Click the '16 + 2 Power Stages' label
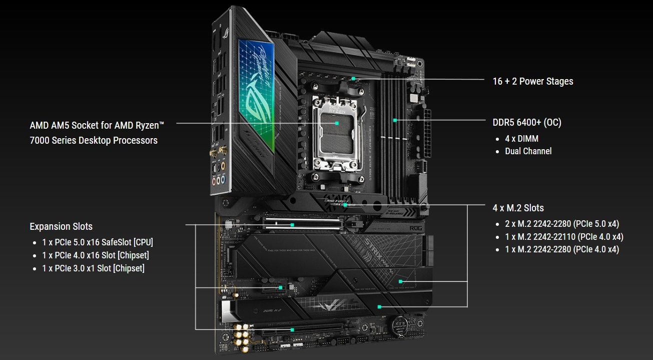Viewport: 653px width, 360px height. [532, 81]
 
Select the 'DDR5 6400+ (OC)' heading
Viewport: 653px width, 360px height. [530, 123]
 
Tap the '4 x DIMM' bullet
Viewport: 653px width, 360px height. [521, 139]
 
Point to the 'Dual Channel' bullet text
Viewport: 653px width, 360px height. [528, 151]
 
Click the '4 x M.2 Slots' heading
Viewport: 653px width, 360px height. [518, 208]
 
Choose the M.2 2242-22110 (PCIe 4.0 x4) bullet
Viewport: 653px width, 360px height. [564, 237]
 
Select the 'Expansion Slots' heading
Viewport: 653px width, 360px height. [61, 226]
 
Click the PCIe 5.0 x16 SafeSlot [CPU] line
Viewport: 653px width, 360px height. [98, 242]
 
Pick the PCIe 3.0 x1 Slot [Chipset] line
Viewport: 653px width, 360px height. [93, 268]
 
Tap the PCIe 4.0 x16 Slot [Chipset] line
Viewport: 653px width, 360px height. [96, 255]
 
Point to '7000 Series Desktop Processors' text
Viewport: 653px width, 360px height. [94, 140]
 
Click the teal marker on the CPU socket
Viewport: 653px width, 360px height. [337, 123]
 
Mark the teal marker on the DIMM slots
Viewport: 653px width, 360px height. [395, 120]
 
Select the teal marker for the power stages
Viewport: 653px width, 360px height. [353, 79]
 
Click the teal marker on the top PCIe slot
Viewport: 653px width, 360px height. [293, 224]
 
